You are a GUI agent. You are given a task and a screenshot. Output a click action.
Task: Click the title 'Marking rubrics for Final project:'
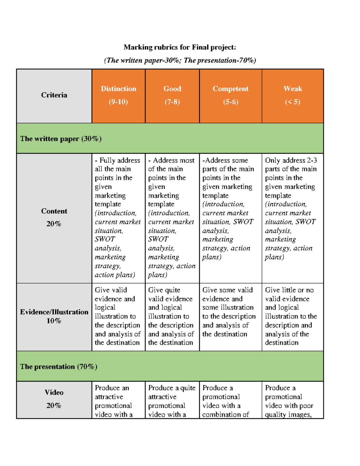tap(180, 47)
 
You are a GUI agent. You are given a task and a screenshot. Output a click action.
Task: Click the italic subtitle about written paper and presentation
tap(180, 60)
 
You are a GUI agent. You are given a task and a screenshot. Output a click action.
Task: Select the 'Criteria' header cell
tap(54, 95)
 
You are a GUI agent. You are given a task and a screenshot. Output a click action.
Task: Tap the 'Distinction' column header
tap(118, 89)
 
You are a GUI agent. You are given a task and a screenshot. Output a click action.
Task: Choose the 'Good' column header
tap(172, 89)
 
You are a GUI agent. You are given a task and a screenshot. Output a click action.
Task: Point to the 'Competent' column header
tap(230, 89)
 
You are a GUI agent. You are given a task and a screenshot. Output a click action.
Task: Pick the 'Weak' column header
tap(292, 89)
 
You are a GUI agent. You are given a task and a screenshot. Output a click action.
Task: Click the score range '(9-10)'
tap(118, 102)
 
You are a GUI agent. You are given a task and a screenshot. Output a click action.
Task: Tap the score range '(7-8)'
tap(172, 102)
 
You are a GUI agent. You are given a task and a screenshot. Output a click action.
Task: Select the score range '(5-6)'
tap(230, 102)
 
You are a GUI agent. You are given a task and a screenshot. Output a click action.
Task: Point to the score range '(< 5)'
tap(292, 102)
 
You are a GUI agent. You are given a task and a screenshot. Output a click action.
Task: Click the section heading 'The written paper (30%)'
tap(61, 139)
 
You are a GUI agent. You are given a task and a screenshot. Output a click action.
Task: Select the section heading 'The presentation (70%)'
tap(59, 367)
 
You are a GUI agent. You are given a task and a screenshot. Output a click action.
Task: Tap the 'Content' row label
tap(54, 211)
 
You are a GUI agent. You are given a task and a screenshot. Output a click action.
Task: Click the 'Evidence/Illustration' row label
tap(54, 312)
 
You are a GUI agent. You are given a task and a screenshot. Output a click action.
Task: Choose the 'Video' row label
tap(54, 392)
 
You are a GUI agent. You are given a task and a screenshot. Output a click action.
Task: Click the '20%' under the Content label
tap(54, 224)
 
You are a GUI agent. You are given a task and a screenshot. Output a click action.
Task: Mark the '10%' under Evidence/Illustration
tap(54, 321)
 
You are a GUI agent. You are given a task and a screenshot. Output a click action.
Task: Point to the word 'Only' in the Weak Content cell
tap(271, 161)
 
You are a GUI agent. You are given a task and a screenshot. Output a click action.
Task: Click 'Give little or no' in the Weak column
tap(289, 290)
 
